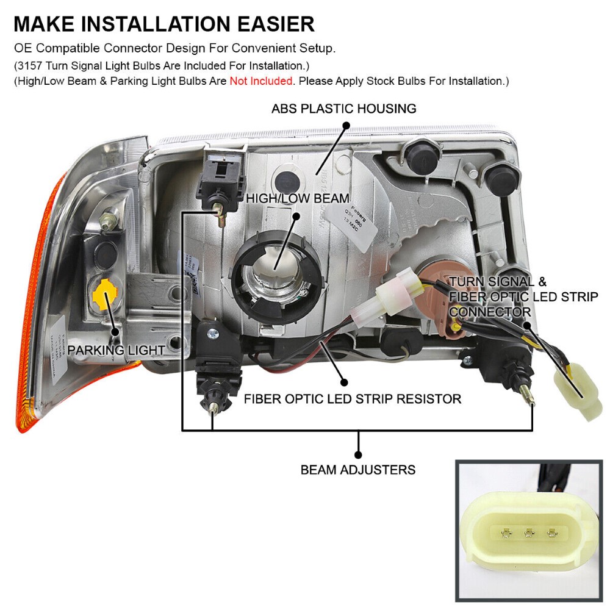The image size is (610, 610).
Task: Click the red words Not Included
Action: [x=260, y=81]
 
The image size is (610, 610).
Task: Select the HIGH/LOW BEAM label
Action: [x=297, y=198]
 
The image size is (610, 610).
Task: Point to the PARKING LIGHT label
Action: [x=116, y=350]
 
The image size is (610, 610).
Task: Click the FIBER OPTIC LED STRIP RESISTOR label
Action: [x=352, y=399]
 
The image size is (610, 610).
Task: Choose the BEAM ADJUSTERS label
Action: [x=358, y=470]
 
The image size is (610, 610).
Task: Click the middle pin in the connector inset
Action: [x=528, y=533]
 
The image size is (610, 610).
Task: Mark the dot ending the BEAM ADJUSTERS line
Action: [x=358, y=454]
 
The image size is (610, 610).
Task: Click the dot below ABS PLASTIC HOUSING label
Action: [x=345, y=126]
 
